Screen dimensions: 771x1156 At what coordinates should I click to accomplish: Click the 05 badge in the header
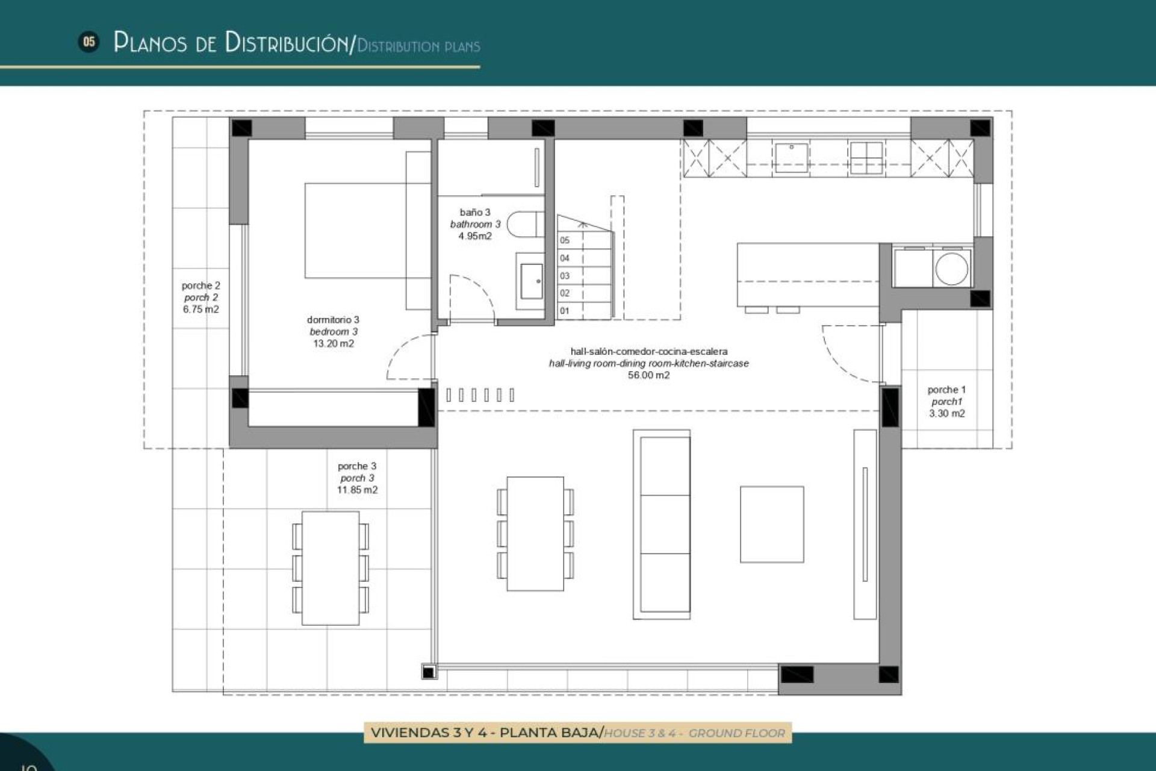(89, 42)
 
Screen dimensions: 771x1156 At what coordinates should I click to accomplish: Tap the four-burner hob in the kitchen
(866, 157)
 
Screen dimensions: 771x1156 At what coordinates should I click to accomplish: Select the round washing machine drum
(952, 268)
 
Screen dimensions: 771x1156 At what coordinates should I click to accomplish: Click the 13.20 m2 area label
(334, 344)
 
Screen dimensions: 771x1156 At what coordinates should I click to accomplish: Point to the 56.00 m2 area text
(648, 375)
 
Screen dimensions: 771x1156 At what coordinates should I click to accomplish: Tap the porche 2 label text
(200, 286)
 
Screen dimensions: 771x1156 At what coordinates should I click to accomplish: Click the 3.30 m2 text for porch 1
(946, 414)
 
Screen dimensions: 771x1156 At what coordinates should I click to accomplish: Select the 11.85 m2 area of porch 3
(357, 490)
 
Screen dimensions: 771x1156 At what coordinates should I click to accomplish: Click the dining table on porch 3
(330, 568)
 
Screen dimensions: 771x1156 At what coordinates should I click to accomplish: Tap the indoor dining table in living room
(535, 534)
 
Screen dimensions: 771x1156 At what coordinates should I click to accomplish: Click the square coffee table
(772, 524)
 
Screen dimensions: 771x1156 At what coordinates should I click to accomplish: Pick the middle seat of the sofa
(665, 524)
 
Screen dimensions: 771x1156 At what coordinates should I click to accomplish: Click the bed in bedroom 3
(355, 231)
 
